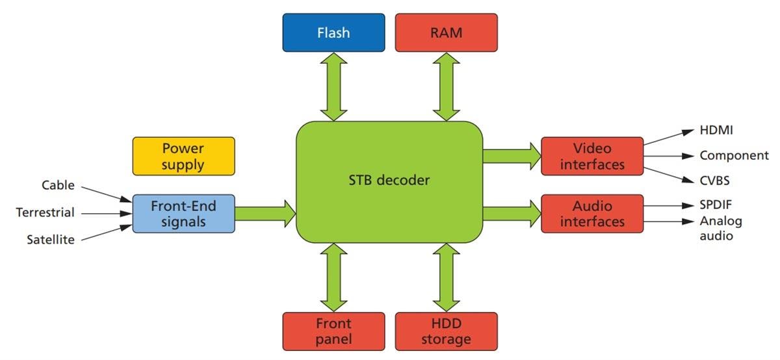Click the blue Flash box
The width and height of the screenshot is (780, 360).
pyautogui.click(x=333, y=32)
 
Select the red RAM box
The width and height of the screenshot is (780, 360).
pyautogui.click(x=447, y=32)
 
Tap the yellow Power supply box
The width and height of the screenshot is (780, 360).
pyautogui.click(x=183, y=156)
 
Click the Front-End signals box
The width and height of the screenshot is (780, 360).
pyautogui.click(x=183, y=213)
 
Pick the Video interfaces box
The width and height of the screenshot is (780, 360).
pyautogui.click(x=592, y=156)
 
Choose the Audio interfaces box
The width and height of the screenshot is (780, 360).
pyautogui.click(x=592, y=213)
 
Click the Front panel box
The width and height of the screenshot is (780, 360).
pyautogui.click(x=333, y=331)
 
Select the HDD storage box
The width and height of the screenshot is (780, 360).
pyautogui.click(x=447, y=331)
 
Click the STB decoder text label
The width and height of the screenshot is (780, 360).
pyautogui.click(x=389, y=180)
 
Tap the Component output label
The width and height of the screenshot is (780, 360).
pyautogui.click(x=734, y=156)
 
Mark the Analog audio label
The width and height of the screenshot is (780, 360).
pyautogui.click(x=720, y=228)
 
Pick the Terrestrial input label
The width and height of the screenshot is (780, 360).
pyautogui.click(x=45, y=212)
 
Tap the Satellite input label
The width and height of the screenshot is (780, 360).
pyautogui.click(x=50, y=240)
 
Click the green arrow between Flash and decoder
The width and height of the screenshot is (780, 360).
pyautogui.click(x=333, y=86)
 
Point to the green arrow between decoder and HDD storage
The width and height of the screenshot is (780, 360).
pyautogui.click(x=447, y=277)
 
